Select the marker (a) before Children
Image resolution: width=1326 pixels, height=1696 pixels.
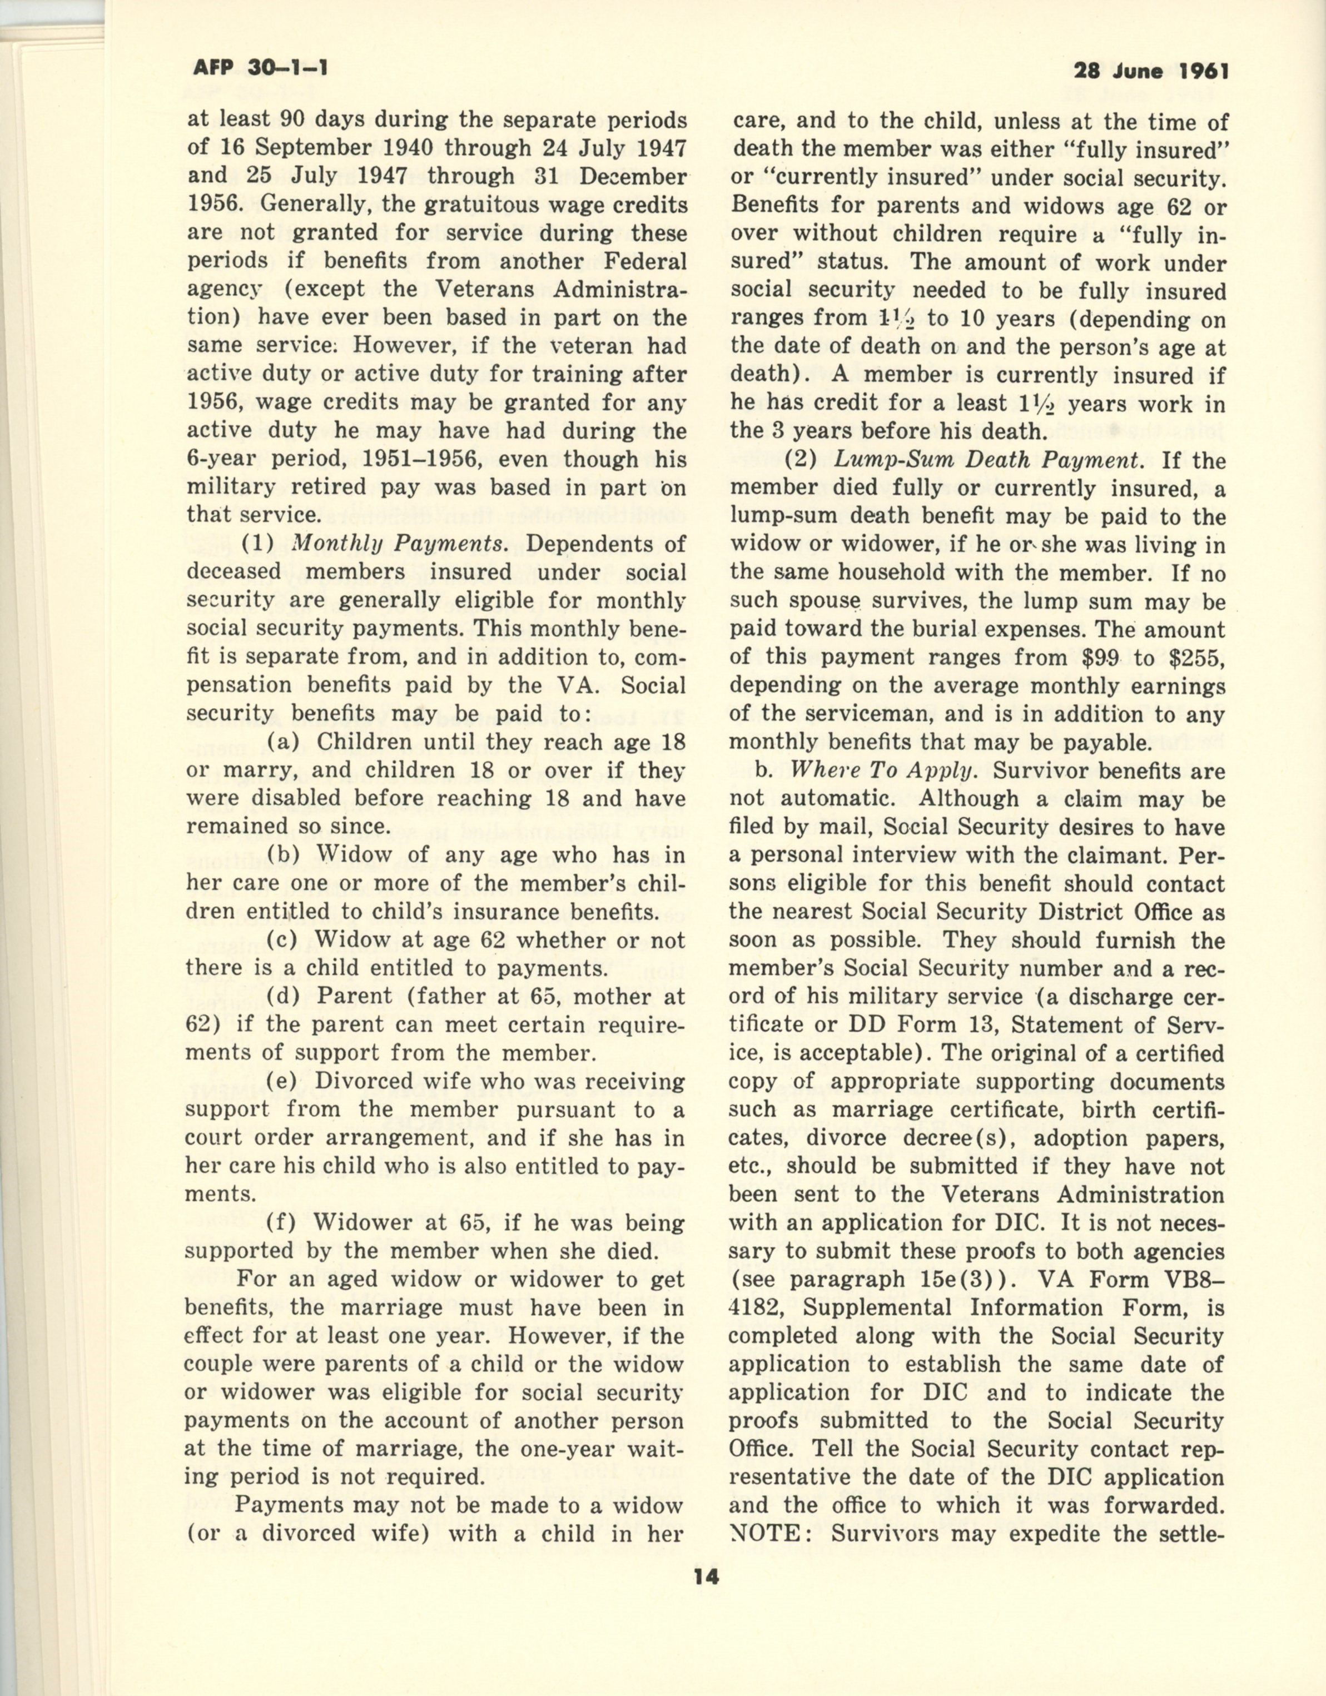[x=284, y=743]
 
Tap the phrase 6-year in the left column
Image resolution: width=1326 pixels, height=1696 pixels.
[x=221, y=460]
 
